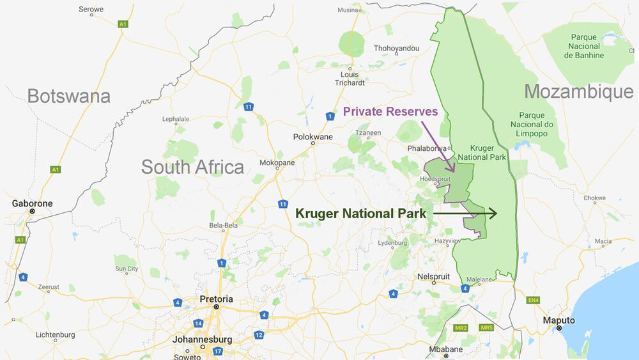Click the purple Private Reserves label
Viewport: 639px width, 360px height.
click(x=390, y=111)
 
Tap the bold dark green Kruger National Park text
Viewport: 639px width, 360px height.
click(x=360, y=214)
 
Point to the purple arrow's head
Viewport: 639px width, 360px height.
click(x=452, y=170)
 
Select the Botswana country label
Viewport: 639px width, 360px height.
click(x=68, y=96)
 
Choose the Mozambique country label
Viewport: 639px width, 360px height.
click(x=578, y=91)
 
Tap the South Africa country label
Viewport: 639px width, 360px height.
click(x=192, y=167)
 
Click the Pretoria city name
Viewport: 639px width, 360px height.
click(x=216, y=299)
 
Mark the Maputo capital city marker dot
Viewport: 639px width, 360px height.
click(x=558, y=328)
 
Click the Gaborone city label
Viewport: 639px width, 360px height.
click(x=32, y=203)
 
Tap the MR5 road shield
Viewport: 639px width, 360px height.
click(x=487, y=328)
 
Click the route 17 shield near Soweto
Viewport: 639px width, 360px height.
click(x=218, y=351)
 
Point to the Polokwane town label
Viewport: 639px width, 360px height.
click(x=312, y=137)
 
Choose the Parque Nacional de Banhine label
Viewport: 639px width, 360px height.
click(x=583, y=46)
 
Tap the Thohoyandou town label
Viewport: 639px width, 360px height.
click(x=396, y=48)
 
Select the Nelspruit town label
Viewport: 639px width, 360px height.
click(x=433, y=276)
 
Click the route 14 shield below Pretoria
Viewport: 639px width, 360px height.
click(x=199, y=324)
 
